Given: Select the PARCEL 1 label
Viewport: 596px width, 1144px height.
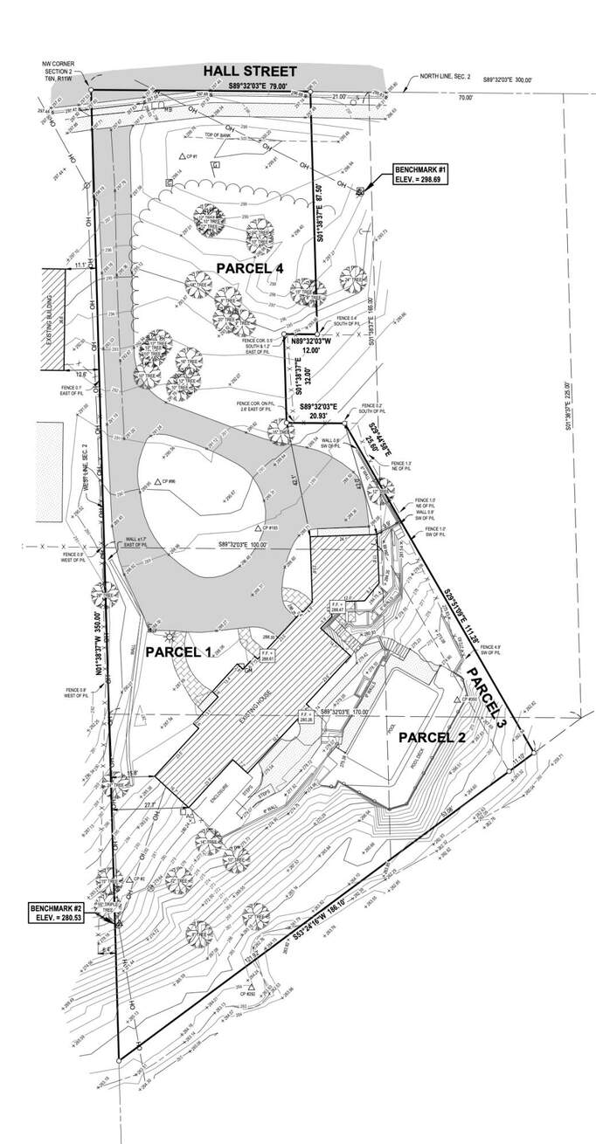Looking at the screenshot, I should tap(178, 651).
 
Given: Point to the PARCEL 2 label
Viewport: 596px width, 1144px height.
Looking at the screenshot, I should tap(432, 737).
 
